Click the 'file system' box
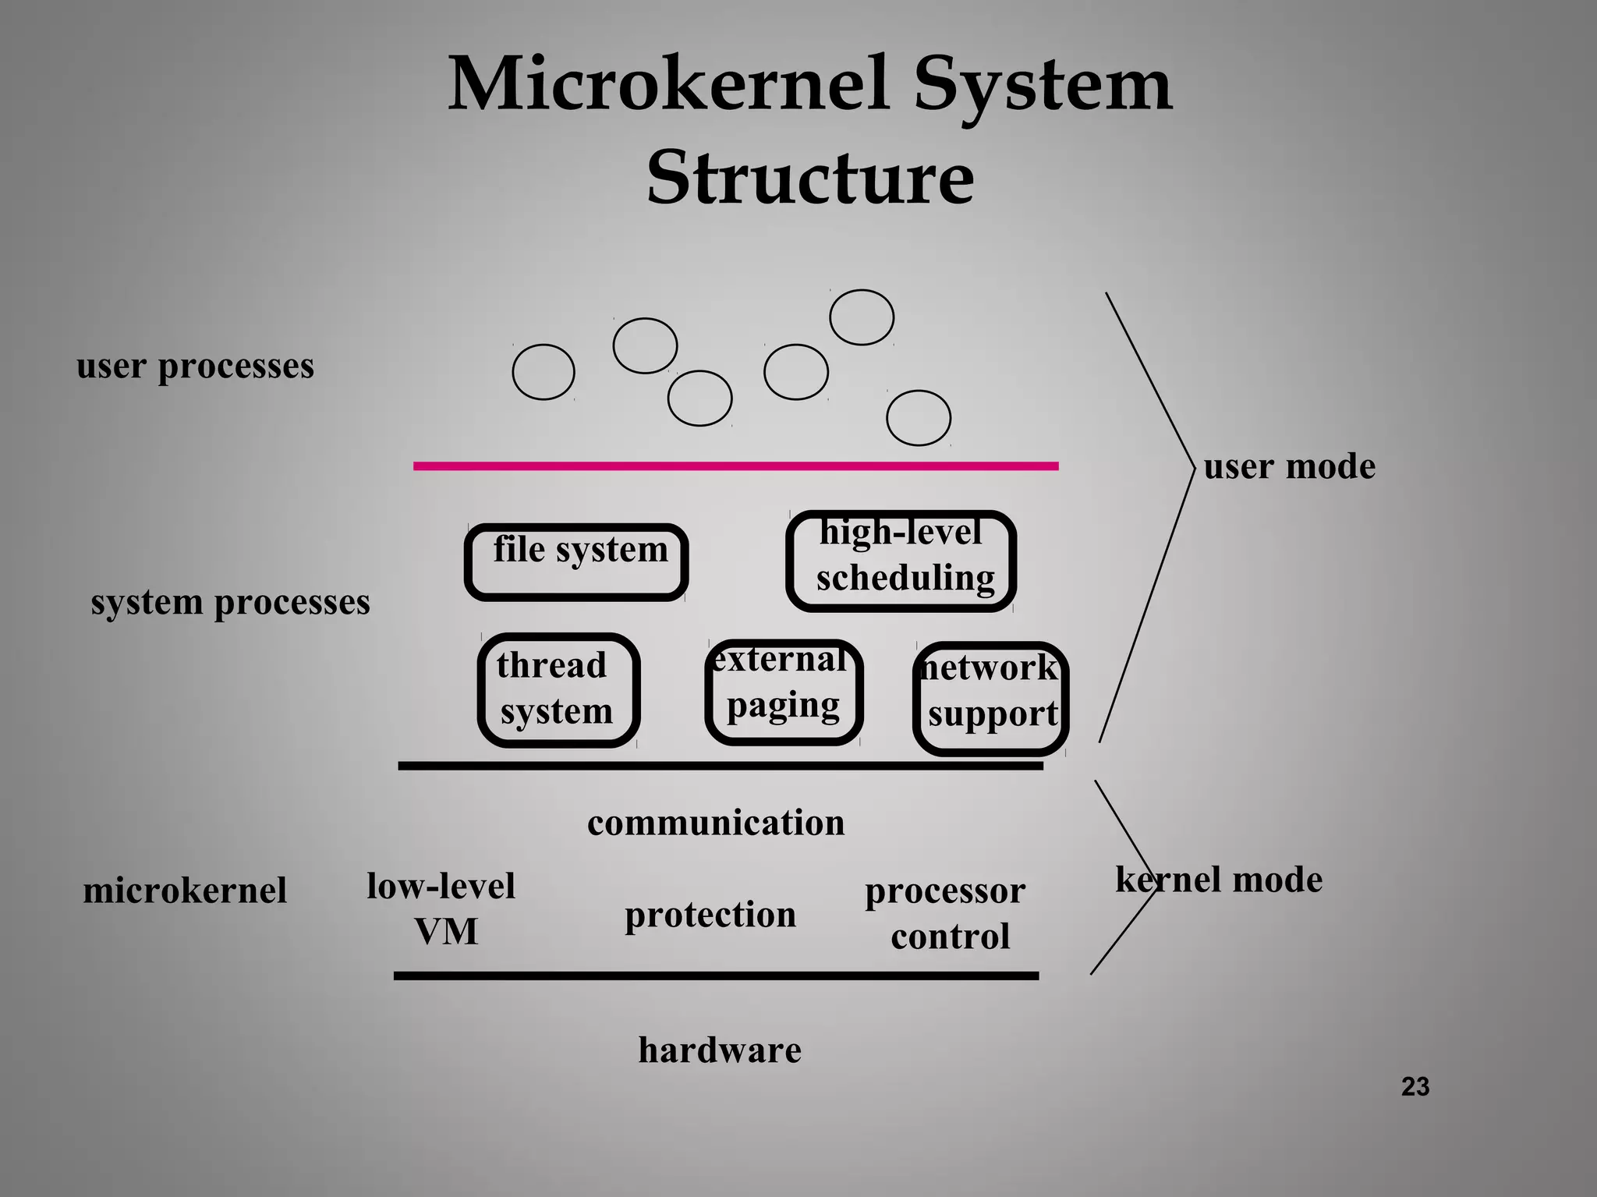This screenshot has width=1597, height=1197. tap(576, 561)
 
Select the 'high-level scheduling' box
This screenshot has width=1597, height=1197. tap(901, 561)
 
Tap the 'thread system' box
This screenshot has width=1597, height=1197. tap(558, 690)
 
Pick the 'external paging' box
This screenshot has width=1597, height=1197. tap(784, 692)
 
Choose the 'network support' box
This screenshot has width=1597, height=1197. tap(990, 698)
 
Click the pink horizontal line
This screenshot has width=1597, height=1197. tap(735, 466)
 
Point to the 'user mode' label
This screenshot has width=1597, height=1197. tap(1289, 466)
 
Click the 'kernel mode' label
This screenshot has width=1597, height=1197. tap(1219, 880)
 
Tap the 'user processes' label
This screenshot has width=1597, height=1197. tap(195, 366)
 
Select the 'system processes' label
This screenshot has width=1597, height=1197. tap(230, 602)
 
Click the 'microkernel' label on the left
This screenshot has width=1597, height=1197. tap(185, 890)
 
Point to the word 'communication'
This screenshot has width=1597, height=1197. tap(716, 823)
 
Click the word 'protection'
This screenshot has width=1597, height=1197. tap(710, 915)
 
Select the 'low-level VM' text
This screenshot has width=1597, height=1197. tap(441, 908)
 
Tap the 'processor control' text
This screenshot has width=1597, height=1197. tap(946, 913)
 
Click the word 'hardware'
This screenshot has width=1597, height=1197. tap(720, 1050)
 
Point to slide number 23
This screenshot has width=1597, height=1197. tap(1415, 1086)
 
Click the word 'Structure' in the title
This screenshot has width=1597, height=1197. tap(810, 178)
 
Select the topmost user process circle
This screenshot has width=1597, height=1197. tap(862, 317)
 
